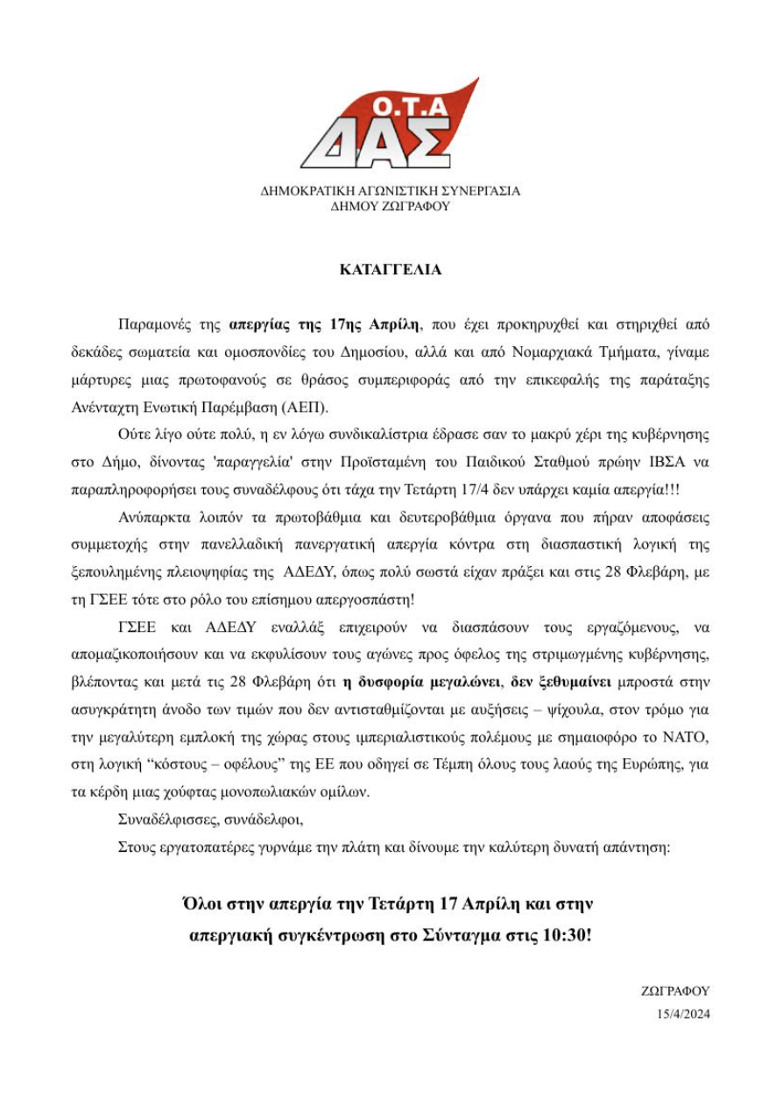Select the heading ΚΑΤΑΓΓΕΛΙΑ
[x=391, y=270]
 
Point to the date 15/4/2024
[x=683, y=1016]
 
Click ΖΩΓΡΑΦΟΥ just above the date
[x=676, y=992]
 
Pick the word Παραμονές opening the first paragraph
[x=151, y=324]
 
